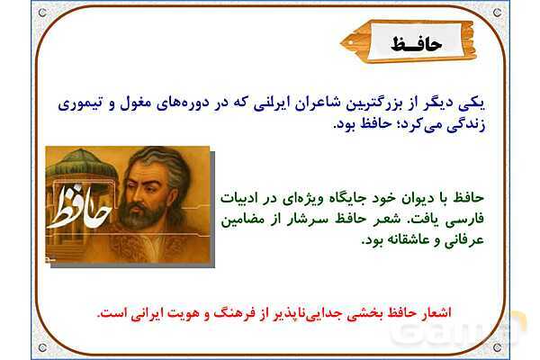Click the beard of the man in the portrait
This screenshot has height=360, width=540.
click(x=140, y=215)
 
